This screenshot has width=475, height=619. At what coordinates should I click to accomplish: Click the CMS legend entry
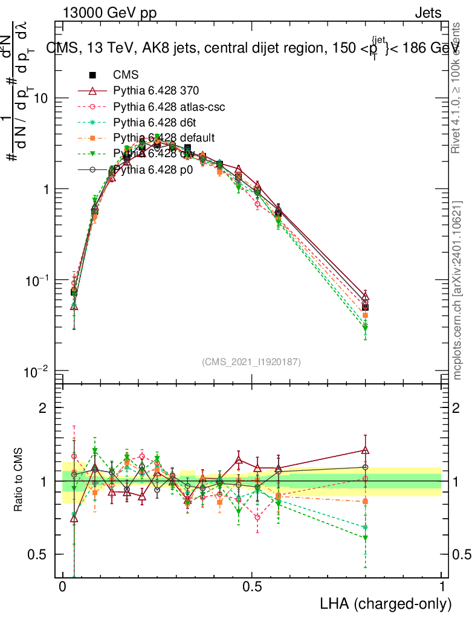(126, 76)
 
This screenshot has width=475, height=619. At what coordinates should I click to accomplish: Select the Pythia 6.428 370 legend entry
(156, 91)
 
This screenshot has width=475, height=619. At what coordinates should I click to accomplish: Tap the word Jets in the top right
(427, 13)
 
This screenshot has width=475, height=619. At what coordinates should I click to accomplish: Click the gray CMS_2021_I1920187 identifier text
(251, 361)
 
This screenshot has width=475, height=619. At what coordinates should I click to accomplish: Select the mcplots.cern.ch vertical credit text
(458, 290)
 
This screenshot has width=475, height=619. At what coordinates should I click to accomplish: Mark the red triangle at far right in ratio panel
(365, 450)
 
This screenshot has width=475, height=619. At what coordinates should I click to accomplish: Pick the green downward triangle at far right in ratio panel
(365, 538)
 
